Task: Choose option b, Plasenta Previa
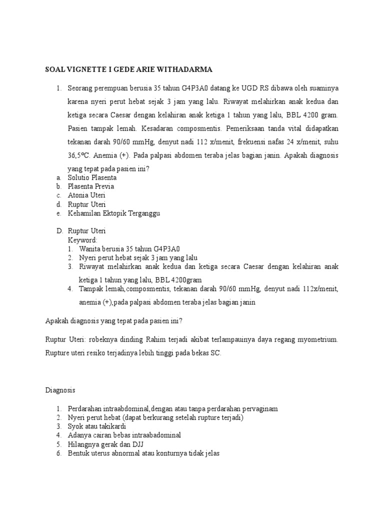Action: pos(90,186)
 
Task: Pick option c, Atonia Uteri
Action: pos(86,195)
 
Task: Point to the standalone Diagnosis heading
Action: pos(59,388)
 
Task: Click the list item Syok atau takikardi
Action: pos(97,426)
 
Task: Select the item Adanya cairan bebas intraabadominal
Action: pos(124,435)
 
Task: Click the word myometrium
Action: pos(315,339)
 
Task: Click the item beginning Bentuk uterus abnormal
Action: pos(143,453)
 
